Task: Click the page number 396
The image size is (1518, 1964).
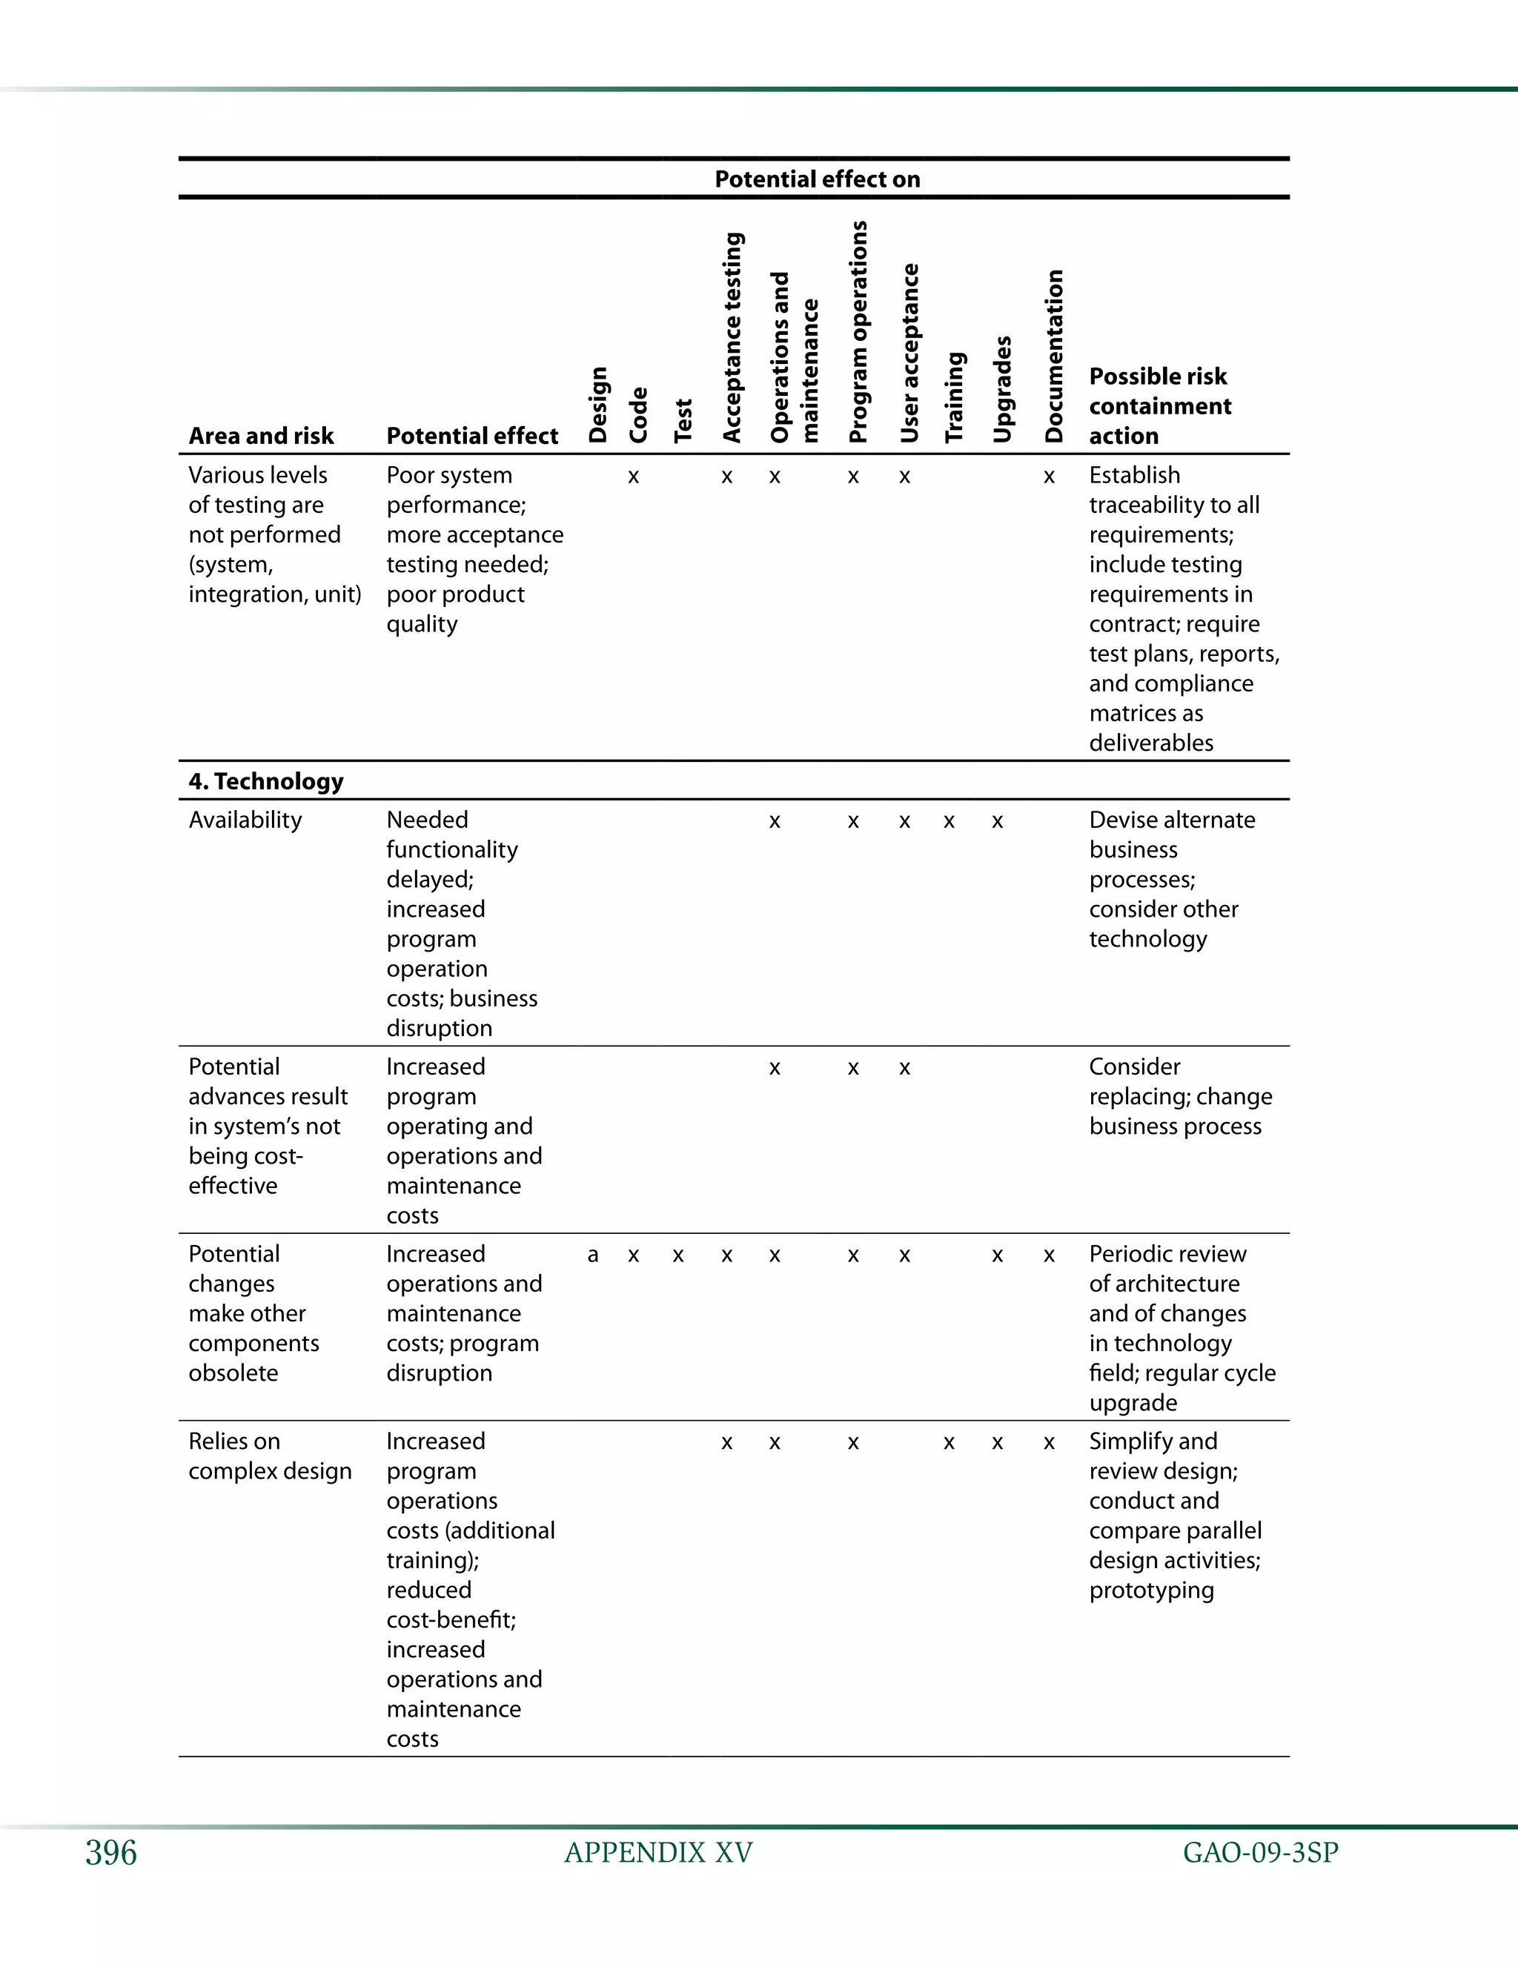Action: [x=110, y=1854]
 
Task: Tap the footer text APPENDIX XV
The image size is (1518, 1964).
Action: [x=658, y=1853]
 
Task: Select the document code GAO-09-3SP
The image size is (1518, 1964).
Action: [x=1260, y=1853]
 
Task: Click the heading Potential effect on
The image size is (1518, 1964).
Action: [x=817, y=179]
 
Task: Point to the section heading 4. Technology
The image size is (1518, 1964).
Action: [x=266, y=780]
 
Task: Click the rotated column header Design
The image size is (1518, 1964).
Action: [x=598, y=405]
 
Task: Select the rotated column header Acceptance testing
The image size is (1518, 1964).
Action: [x=733, y=338]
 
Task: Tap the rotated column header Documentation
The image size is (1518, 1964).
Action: [x=1054, y=356]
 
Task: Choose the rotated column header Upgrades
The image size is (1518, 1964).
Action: [x=1003, y=389]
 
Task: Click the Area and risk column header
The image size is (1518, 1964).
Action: [x=261, y=436]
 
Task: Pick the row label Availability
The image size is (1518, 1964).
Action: [x=245, y=820]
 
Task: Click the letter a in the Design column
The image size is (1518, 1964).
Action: [x=593, y=1255]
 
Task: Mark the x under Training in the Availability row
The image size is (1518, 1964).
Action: [x=949, y=822]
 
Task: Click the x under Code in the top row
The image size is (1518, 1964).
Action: [x=633, y=477]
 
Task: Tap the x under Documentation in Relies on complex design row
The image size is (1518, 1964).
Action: [x=1049, y=1443]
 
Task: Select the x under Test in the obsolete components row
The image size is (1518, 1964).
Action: [x=678, y=1256]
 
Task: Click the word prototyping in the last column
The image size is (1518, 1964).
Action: [x=1151, y=1590]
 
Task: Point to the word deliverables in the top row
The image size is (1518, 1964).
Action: [x=1151, y=743]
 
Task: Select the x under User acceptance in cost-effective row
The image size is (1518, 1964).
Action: [x=905, y=1068]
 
